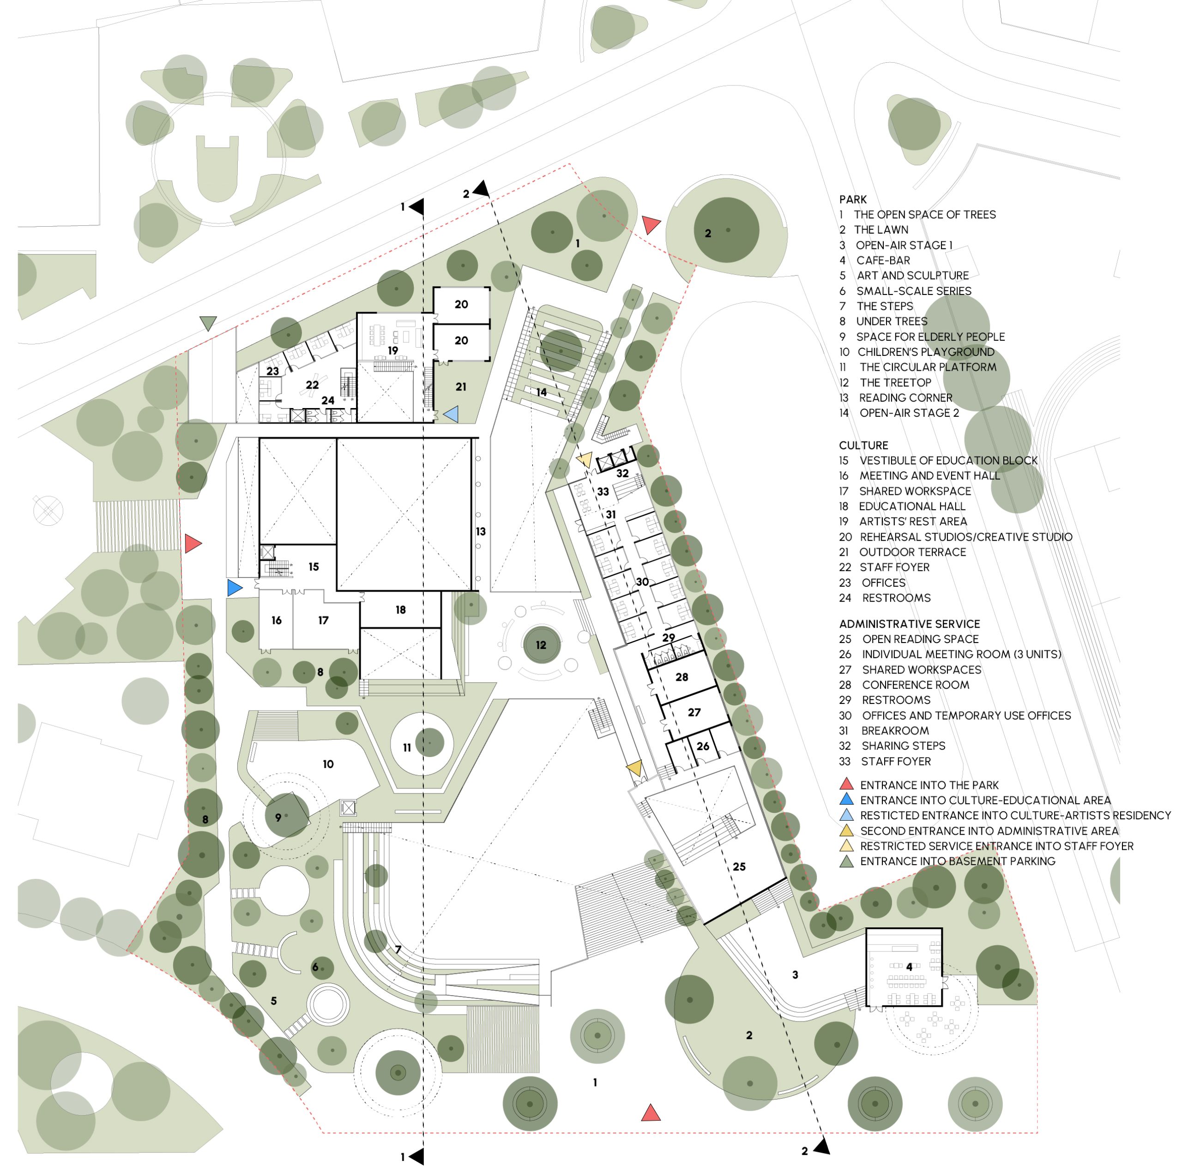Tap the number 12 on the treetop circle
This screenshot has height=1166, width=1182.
click(541, 645)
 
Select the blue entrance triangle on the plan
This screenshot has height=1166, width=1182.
click(234, 588)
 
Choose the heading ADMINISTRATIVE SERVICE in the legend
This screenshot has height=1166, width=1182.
click(909, 624)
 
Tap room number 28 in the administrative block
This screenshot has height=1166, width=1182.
click(681, 677)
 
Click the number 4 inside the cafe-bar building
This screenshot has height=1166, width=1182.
click(909, 967)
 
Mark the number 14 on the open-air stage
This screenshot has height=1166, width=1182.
click(541, 392)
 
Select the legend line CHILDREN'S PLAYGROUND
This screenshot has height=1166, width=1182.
click(926, 352)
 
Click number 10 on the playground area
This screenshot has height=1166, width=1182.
click(328, 764)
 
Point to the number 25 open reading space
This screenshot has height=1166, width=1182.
click(739, 866)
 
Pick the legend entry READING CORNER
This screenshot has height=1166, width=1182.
click(905, 397)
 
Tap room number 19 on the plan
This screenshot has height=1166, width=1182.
click(393, 350)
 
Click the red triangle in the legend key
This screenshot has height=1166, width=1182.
click(847, 784)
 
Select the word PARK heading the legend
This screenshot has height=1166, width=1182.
click(853, 199)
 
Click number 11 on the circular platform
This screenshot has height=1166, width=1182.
click(407, 748)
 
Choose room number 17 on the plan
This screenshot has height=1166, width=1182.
click(323, 620)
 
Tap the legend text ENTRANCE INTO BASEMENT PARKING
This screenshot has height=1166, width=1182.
click(958, 861)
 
